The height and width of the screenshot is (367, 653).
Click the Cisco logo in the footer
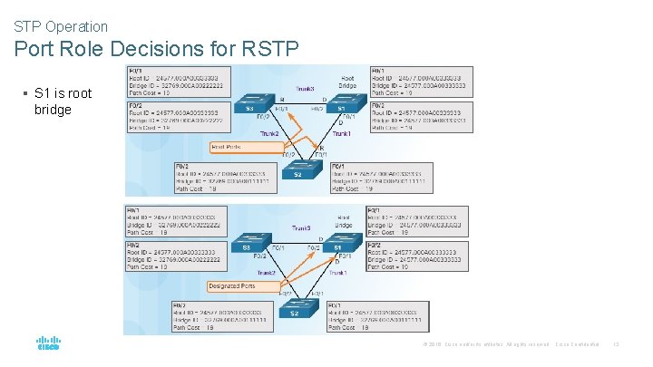click(47, 343)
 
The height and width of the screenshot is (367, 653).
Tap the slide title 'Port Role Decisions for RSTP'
click(155, 49)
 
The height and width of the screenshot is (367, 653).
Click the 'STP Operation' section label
click(61, 27)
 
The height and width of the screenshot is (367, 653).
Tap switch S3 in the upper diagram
click(250, 107)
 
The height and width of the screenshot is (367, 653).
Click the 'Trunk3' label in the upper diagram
click(306, 89)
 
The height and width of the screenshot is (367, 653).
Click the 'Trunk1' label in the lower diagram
click(339, 273)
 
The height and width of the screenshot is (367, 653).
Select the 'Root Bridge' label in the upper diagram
click(347, 82)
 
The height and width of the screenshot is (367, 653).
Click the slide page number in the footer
click(616, 343)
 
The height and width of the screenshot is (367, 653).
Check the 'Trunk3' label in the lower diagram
click(301, 227)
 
